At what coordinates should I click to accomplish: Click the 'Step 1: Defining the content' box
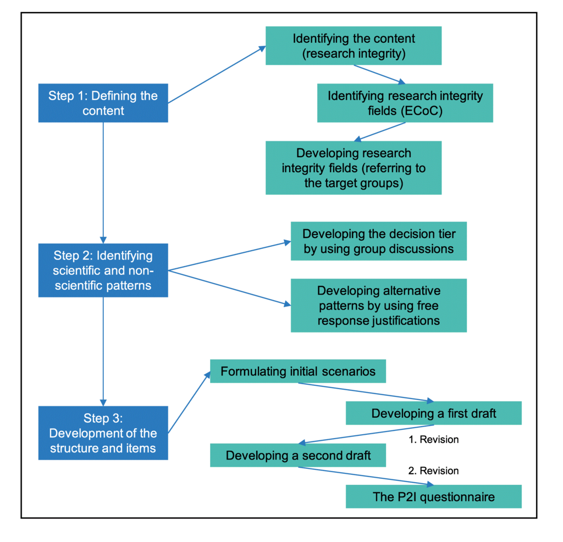pyautogui.click(x=103, y=103)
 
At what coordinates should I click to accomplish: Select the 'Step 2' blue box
pyautogui.click(x=103, y=270)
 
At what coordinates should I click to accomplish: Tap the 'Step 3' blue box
pyautogui.click(x=103, y=433)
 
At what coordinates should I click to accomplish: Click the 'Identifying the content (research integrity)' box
pyautogui.click(x=354, y=47)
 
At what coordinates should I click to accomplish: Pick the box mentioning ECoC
pyautogui.click(x=405, y=103)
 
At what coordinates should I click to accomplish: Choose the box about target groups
pyautogui.click(x=354, y=168)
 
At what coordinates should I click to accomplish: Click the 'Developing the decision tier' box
pyautogui.click(x=379, y=241)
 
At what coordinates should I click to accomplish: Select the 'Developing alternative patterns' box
pyautogui.click(x=379, y=305)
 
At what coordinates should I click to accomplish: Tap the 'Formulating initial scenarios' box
pyautogui.click(x=298, y=372)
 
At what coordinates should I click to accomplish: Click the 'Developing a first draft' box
pyautogui.click(x=434, y=413)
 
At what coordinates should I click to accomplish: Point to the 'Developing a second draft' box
pyautogui.click(x=298, y=455)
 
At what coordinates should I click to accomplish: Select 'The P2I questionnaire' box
pyautogui.click(x=434, y=497)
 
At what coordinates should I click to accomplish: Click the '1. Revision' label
pyautogui.click(x=433, y=440)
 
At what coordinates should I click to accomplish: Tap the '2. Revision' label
pyautogui.click(x=433, y=471)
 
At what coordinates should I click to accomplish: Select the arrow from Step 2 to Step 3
pyautogui.click(x=103, y=349)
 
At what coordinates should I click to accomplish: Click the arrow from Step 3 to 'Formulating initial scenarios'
pyautogui.click(x=189, y=403)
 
